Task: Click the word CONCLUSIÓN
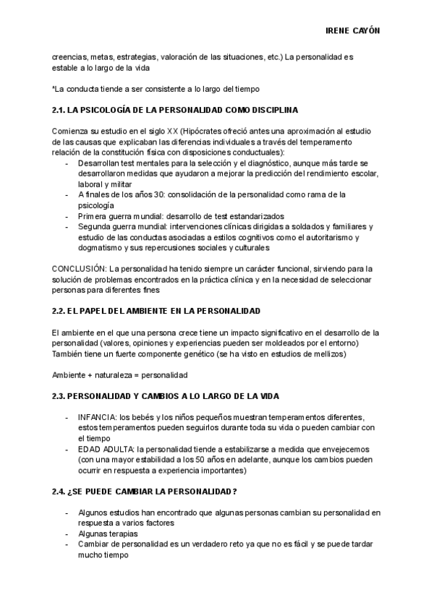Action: (x=78, y=268)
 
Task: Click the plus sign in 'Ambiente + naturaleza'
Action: (x=92, y=375)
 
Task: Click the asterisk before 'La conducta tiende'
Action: (x=54, y=88)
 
